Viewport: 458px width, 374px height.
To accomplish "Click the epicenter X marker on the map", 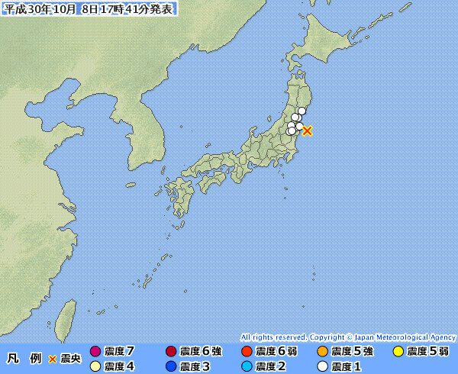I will (307, 131).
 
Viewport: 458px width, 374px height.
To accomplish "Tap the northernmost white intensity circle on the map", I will (302, 111).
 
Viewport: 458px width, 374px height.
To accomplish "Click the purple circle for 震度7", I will (95, 352).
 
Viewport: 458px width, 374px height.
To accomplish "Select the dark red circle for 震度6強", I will (171, 352).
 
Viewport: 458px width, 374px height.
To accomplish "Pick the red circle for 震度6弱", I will (247, 352).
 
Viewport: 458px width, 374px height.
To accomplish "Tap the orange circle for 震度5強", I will (322, 352).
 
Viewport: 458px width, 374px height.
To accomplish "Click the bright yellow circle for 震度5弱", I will (398, 352).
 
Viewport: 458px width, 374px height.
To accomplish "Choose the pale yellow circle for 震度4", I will (95, 366).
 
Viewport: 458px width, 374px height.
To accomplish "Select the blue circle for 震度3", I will (171, 366).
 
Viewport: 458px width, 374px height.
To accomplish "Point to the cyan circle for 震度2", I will (247, 366).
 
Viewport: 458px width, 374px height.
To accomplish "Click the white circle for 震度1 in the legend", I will (322, 366).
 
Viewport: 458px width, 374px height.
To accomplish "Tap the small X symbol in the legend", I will (53, 359).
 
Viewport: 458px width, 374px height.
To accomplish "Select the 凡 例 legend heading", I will (23, 359).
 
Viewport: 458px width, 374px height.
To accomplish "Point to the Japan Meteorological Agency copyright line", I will (348, 337).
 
